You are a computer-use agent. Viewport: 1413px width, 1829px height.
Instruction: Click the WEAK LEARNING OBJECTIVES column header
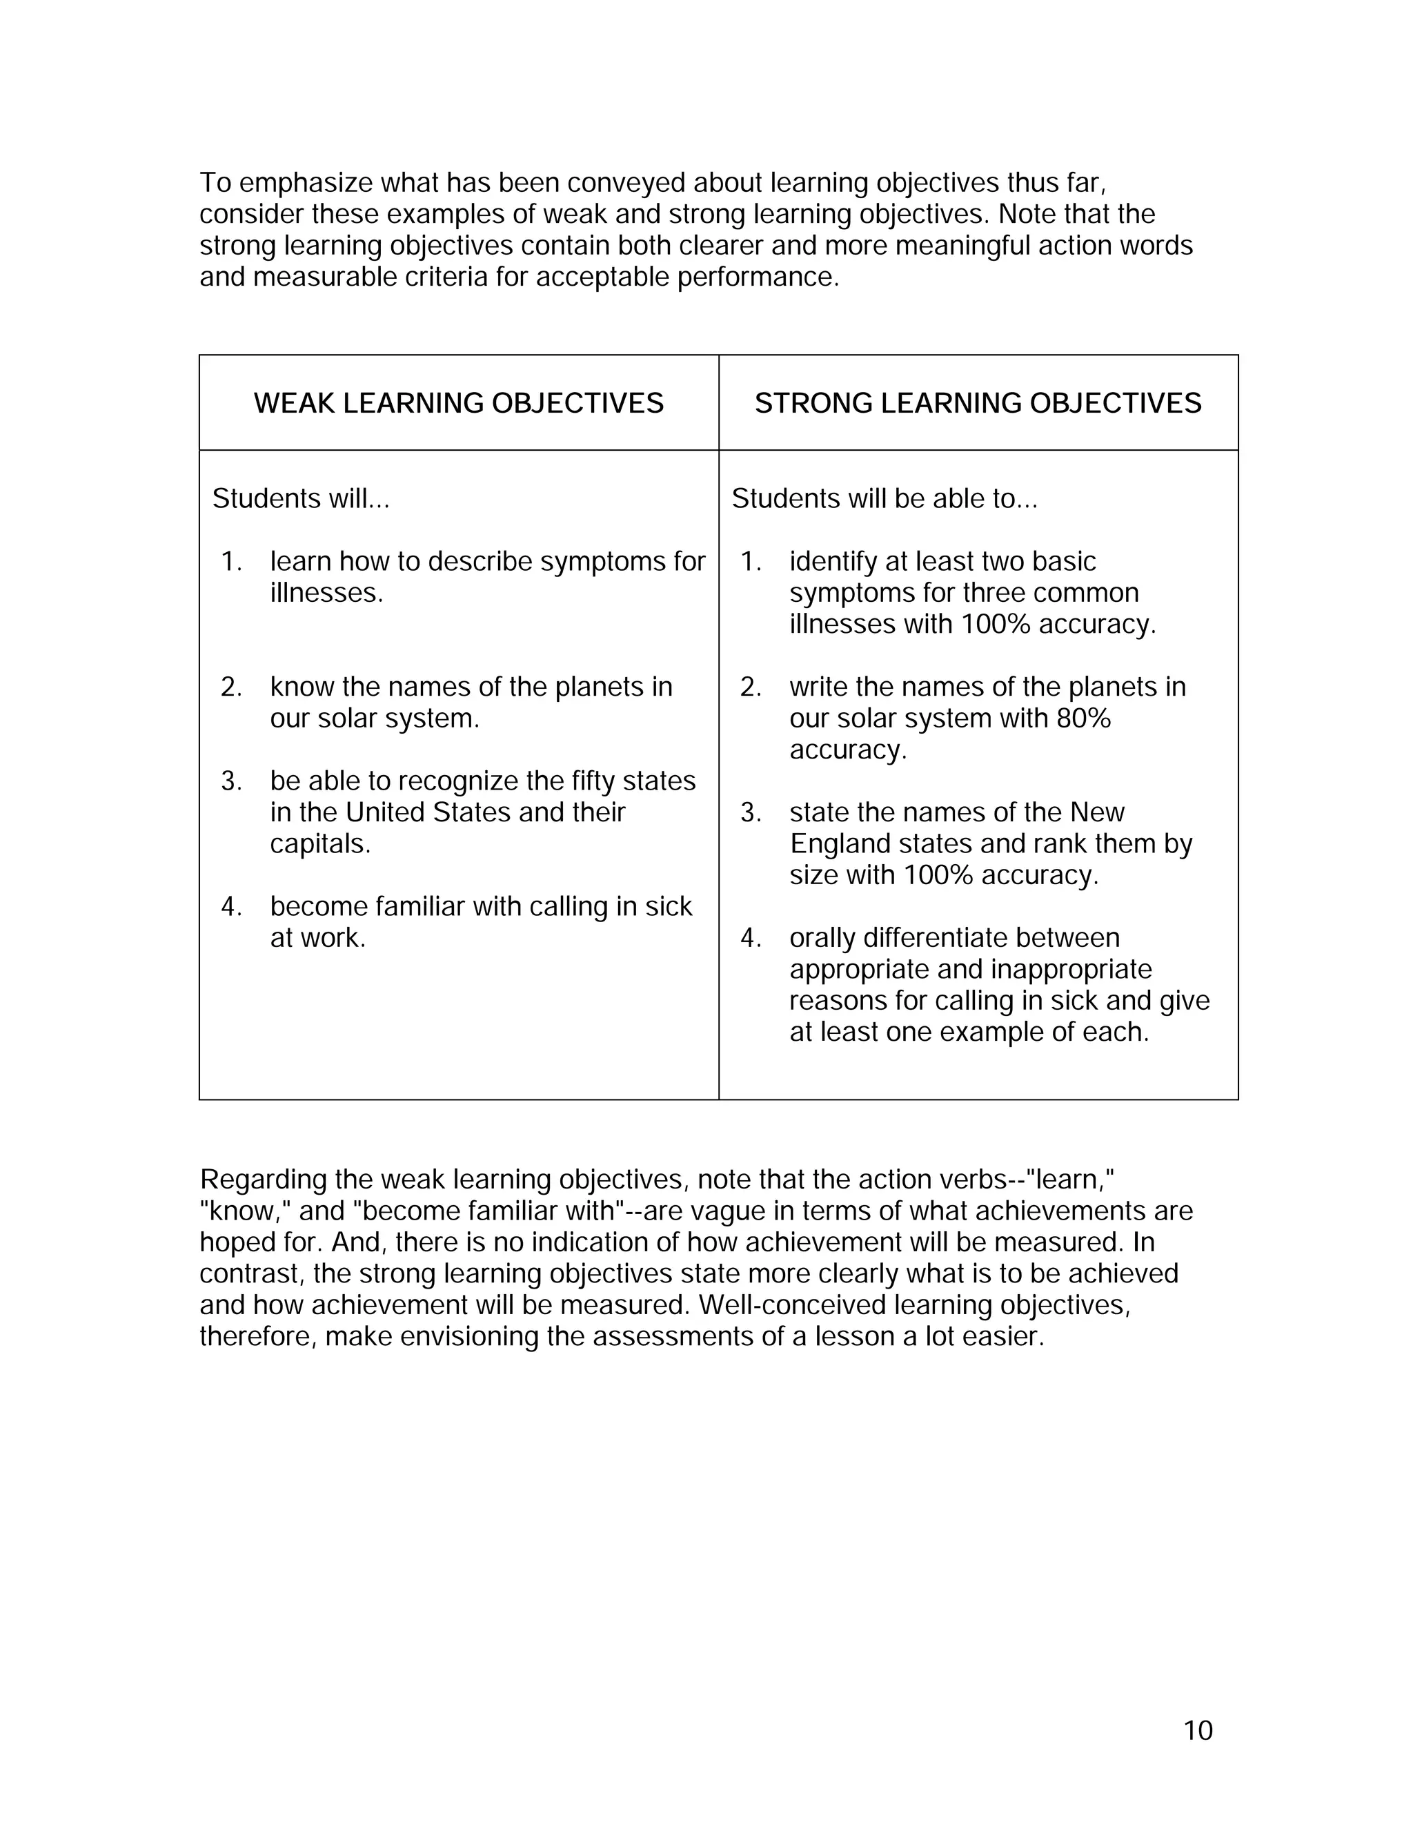coord(458,403)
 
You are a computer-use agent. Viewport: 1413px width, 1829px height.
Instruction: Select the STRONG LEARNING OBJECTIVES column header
coord(978,403)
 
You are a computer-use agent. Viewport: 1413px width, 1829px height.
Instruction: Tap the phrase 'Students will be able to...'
coord(884,499)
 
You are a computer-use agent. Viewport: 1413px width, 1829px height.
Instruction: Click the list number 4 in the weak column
coord(230,907)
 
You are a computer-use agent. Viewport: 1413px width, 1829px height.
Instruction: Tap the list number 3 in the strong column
coord(749,812)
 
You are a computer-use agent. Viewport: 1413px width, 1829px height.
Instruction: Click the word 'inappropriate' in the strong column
coord(1071,970)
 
